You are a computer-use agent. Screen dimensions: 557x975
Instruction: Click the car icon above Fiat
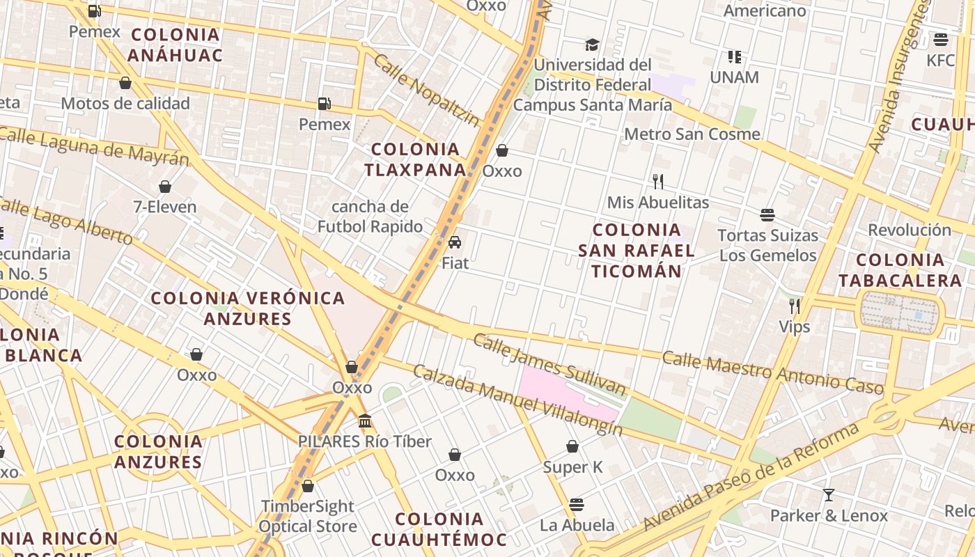tap(455, 242)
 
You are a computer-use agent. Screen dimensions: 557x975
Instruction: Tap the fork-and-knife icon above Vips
tap(794, 306)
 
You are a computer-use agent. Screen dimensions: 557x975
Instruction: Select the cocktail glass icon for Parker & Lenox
tap(828, 495)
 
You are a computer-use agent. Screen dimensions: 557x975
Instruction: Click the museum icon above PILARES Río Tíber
tap(365, 421)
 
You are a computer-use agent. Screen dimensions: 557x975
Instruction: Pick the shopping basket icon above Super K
tap(572, 446)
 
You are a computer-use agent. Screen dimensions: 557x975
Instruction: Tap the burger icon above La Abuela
tap(577, 504)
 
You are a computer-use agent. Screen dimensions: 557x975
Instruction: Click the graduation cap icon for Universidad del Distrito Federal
tap(592, 45)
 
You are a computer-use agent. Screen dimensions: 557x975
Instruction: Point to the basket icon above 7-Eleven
tap(165, 187)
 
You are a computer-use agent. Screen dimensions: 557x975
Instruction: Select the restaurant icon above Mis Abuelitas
tap(658, 182)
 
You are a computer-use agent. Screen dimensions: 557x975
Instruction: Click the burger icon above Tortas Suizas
tap(767, 214)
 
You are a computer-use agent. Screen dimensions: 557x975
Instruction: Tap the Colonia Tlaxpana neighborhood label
tap(416, 159)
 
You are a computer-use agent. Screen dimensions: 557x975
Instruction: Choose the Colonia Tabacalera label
tap(900, 270)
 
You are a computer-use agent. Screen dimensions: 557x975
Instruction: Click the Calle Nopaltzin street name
tap(426, 91)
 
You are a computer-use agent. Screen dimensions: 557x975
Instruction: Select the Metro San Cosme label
tap(692, 134)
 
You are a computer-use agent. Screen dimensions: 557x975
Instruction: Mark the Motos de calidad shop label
tap(125, 104)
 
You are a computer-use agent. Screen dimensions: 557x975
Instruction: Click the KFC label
tap(941, 61)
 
